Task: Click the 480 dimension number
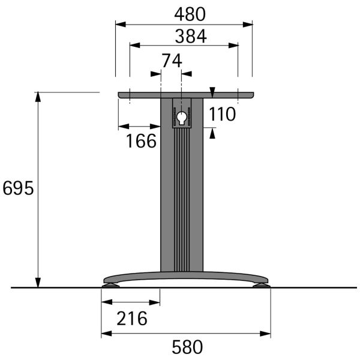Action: pos(190,14)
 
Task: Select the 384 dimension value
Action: pos(191,36)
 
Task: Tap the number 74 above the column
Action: pos(172,61)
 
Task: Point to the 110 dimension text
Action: pos(222,114)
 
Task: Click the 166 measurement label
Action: pos(141,141)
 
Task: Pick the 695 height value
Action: pos(18,188)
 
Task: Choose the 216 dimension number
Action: pos(132,319)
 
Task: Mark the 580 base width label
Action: pos(187,347)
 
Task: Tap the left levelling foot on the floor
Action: pos(110,285)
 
